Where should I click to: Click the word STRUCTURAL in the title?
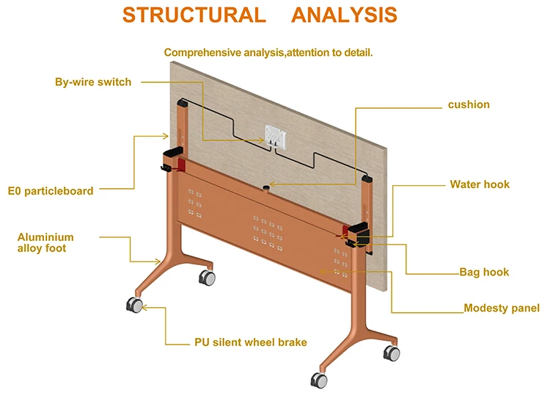click(194, 15)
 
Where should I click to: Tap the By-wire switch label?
click(93, 82)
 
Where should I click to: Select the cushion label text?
click(469, 104)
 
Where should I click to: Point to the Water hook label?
click(480, 184)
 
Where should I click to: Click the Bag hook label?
click(484, 272)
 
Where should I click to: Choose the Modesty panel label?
click(502, 308)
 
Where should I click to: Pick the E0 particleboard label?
click(51, 191)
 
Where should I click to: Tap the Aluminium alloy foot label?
click(45, 242)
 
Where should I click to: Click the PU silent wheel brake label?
click(250, 342)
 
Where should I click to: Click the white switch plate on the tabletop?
click(275, 136)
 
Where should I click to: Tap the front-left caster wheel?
click(135, 305)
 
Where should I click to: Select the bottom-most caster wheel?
click(319, 380)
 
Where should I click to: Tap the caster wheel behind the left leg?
click(208, 278)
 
